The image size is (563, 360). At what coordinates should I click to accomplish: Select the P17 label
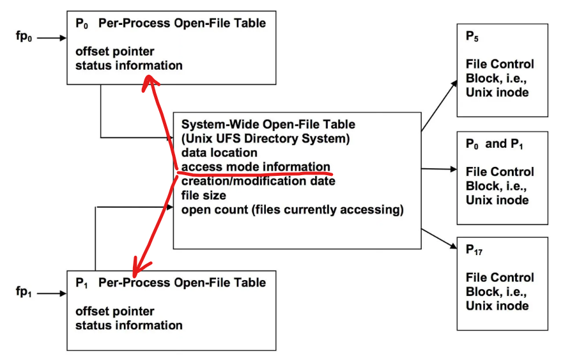tap(475, 251)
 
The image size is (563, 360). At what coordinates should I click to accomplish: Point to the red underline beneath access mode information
tap(256, 173)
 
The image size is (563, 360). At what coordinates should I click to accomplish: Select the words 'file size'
tap(203, 195)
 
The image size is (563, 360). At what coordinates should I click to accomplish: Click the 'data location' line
tap(219, 153)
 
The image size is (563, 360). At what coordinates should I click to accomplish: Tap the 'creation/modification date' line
tap(258, 181)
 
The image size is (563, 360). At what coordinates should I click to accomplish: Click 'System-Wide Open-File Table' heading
tap(268, 125)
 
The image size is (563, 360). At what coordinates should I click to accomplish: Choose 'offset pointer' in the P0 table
tap(114, 51)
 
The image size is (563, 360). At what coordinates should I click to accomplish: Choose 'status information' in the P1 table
tap(128, 325)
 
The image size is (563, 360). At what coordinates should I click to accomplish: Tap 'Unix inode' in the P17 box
tap(497, 306)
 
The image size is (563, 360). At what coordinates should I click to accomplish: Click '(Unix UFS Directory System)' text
tap(265, 139)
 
